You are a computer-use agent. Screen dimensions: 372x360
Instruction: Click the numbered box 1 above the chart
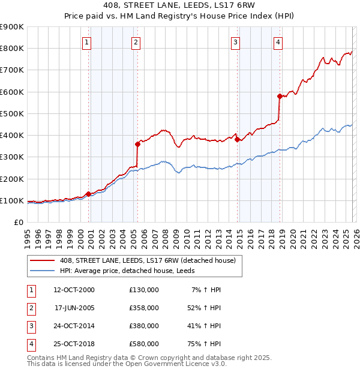pos(88,42)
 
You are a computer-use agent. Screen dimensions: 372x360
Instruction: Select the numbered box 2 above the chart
pos(137,42)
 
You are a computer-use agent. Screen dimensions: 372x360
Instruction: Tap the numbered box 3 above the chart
pos(236,42)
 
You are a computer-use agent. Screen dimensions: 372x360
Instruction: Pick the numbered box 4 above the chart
pos(278,42)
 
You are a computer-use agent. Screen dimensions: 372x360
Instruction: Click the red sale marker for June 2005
pos(137,144)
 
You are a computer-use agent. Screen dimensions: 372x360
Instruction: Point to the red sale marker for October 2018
pos(280,96)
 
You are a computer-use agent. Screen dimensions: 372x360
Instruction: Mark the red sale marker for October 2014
pos(237,139)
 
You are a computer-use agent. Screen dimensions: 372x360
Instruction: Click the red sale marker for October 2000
pos(88,194)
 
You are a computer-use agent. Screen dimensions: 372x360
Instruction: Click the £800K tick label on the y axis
pos(11,49)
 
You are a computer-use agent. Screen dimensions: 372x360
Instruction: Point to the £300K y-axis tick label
pos(11,157)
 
